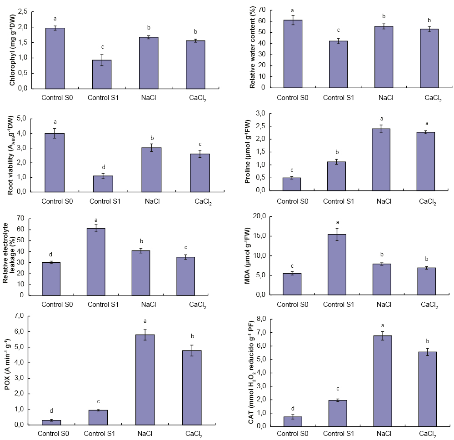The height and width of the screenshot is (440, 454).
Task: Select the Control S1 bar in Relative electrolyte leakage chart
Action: (96, 261)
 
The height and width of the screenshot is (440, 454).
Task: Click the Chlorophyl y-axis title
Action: (13, 50)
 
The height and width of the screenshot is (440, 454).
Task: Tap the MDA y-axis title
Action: (248, 255)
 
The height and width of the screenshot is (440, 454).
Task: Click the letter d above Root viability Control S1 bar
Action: (103, 167)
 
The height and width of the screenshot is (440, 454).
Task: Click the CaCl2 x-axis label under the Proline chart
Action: (428, 201)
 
